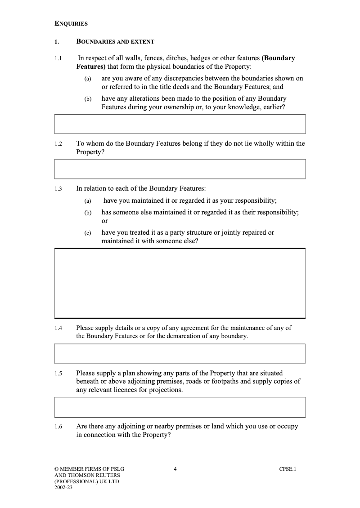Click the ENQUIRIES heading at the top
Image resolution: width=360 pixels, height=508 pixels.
(x=71, y=23)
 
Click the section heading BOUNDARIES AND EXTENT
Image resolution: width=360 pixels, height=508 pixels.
(x=115, y=42)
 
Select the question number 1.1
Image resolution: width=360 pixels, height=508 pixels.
(x=58, y=58)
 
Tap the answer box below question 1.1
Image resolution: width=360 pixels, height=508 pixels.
(x=180, y=124)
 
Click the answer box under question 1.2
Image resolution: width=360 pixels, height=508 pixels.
(x=180, y=169)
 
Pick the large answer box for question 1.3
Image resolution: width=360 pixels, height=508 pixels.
(x=180, y=283)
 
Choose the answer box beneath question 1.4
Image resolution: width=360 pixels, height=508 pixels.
(x=180, y=353)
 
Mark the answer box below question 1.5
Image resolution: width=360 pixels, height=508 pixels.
(x=180, y=407)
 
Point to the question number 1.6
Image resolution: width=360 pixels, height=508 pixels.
(x=58, y=427)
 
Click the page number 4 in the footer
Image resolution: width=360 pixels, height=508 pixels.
(x=175, y=469)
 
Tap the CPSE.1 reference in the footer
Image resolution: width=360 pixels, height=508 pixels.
(x=288, y=469)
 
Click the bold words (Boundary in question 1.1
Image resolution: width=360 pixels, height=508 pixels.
(x=278, y=58)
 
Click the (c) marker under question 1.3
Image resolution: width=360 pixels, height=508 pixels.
(x=88, y=233)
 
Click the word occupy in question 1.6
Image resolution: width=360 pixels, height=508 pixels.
(x=288, y=426)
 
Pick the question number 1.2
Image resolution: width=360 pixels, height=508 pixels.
(x=58, y=144)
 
